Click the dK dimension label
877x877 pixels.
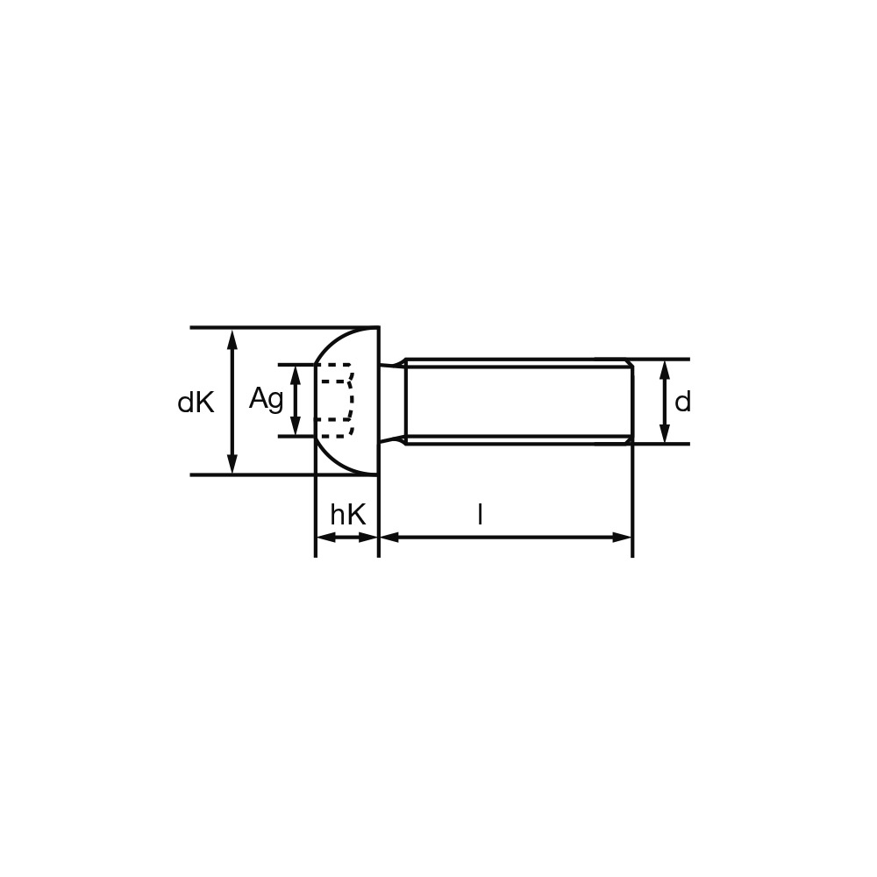pyautogui.click(x=196, y=403)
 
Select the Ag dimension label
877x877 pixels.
pyautogui.click(x=267, y=400)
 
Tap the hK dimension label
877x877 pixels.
pyautogui.click(x=348, y=514)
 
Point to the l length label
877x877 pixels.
pyautogui.click(x=480, y=514)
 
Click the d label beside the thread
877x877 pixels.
pyautogui.click(x=682, y=402)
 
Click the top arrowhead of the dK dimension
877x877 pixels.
pyautogui.click(x=232, y=339)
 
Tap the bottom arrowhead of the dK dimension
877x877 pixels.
pyautogui.click(x=232, y=464)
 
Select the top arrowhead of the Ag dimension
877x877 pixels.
pyautogui.click(x=296, y=375)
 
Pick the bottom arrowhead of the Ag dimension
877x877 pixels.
pyautogui.click(x=296, y=425)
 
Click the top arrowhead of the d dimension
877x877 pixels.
pyautogui.click(x=665, y=370)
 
